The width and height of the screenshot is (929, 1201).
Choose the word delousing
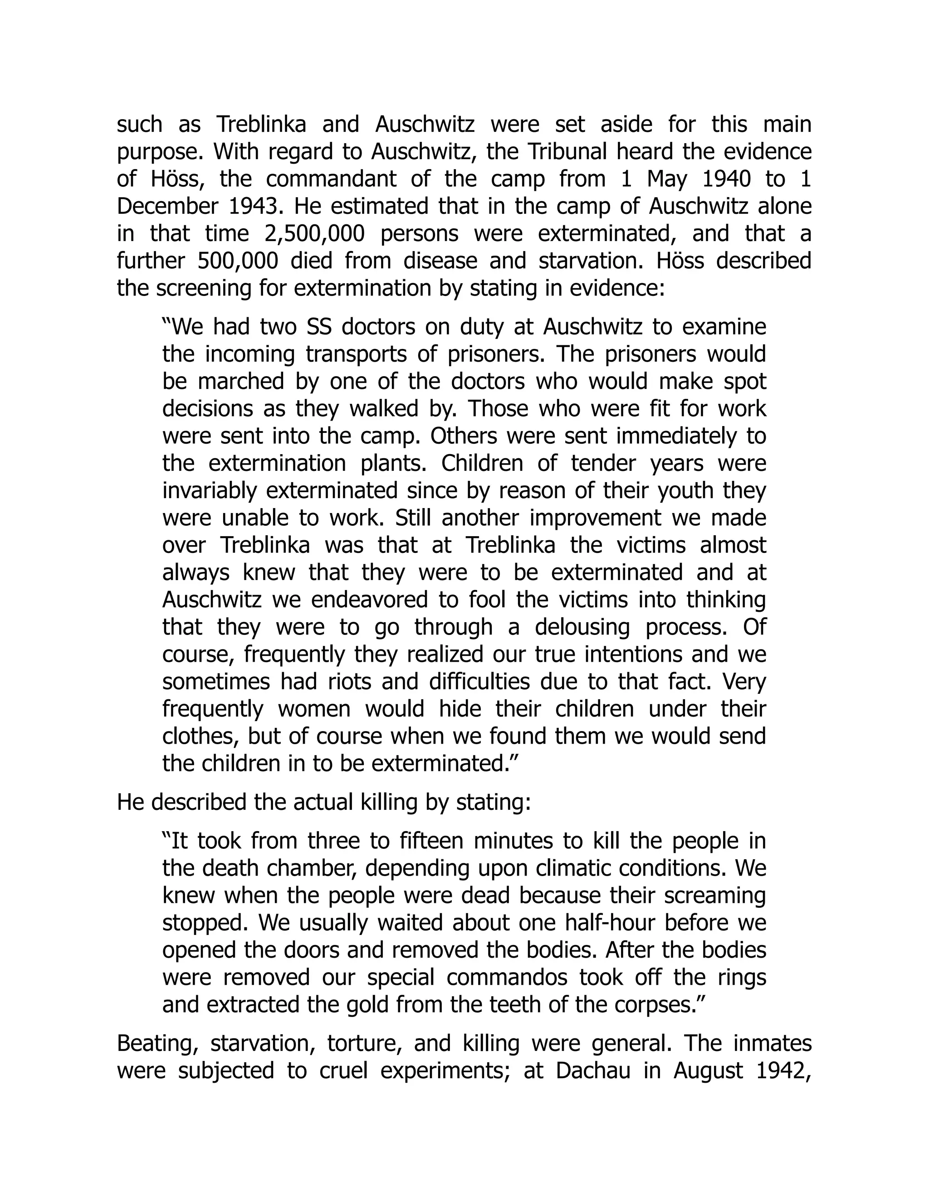click(x=582, y=627)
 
